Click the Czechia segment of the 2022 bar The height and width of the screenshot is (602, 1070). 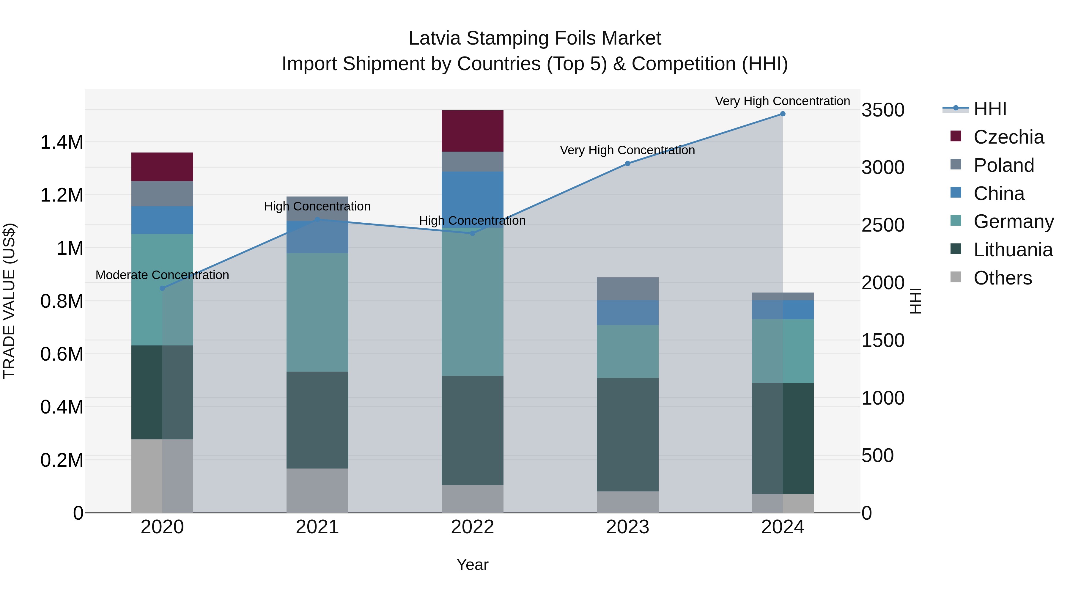472,131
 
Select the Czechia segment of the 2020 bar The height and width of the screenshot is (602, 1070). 162,166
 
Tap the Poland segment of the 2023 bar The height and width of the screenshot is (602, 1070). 627,289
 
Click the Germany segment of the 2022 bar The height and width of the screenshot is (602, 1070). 472,301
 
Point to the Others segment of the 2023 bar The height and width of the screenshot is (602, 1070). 627,502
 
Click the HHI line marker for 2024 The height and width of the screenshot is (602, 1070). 783,114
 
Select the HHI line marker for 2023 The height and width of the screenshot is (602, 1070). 627,164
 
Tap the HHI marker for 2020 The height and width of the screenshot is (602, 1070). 162,288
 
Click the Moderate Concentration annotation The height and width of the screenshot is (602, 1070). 162,275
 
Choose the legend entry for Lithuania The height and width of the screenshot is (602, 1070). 1013,250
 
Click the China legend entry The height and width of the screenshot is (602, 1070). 999,194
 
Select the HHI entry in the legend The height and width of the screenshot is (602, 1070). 989,109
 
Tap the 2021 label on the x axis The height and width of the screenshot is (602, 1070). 317,527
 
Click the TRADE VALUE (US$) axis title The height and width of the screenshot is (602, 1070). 9,301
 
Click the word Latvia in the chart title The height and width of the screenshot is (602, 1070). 435,38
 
